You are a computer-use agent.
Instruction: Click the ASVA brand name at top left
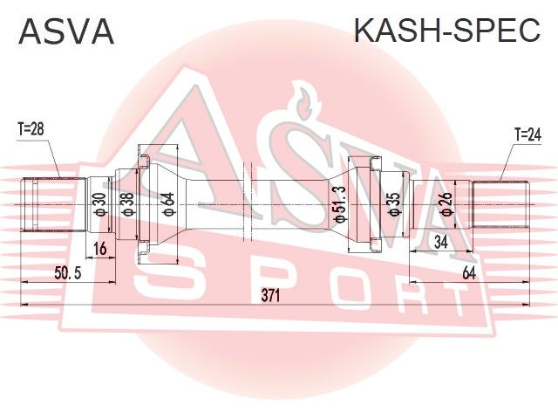tap(66, 31)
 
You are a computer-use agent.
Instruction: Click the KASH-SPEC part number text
tap(447, 31)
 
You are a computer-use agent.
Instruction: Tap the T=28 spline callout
tap(31, 129)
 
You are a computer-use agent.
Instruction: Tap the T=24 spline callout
tap(527, 135)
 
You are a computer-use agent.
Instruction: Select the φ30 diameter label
tap(100, 204)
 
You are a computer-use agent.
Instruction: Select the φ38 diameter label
tap(127, 204)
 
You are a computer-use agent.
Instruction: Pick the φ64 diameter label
tap(167, 204)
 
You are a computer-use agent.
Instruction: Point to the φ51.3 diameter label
tap(339, 204)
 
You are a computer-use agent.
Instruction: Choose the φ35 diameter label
tap(395, 204)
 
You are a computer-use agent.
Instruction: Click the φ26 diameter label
tap(446, 204)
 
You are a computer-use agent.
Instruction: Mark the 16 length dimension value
tap(100, 248)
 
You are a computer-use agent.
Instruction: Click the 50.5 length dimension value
tap(68, 273)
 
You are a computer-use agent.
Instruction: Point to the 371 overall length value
tap(271, 295)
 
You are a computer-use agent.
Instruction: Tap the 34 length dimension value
tap(441, 243)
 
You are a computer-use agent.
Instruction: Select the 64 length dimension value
tap(469, 273)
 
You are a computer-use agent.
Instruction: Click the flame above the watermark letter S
tap(303, 101)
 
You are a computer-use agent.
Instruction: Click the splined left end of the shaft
tap(54, 204)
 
